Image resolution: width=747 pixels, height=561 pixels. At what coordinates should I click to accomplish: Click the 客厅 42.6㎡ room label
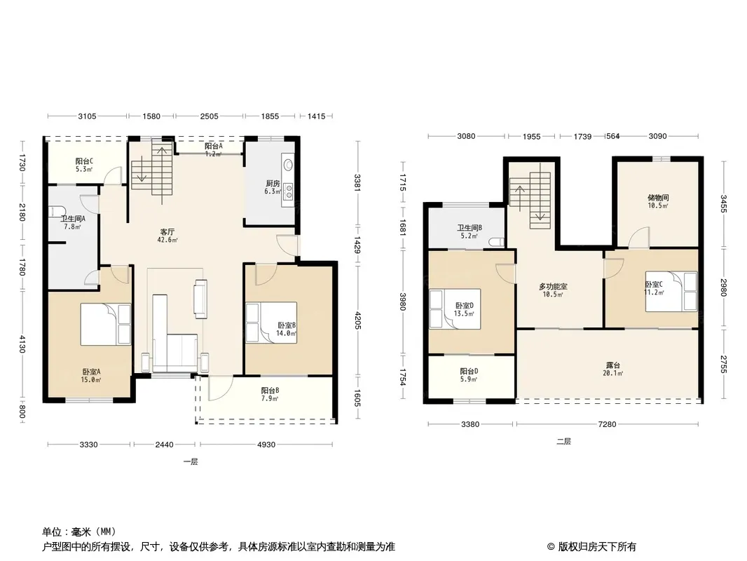pos(167,236)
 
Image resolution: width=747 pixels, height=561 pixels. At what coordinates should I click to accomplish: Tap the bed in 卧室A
pos(105,324)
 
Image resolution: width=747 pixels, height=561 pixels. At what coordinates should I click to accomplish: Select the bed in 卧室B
pos(271,323)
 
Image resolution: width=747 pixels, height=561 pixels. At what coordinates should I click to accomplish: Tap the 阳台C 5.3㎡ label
pos(84,165)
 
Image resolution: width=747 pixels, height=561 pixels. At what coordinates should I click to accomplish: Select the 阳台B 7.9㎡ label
pos(270,394)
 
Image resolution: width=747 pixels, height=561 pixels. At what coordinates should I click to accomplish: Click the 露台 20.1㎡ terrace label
pos(613,369)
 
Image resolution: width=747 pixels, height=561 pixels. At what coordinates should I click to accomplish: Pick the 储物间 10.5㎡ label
pos(658,201)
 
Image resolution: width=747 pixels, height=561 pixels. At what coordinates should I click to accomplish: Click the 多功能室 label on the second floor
pos(553,286)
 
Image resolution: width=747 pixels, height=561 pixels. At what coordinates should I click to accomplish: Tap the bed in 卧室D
pos(455,309)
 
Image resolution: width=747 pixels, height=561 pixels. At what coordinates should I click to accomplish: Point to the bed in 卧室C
pos(671,291)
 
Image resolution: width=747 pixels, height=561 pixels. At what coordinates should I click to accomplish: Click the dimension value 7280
pos(607,424)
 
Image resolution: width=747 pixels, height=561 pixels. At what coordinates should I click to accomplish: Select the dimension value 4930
pos(266,445)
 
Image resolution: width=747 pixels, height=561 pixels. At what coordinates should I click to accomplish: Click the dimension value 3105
pos(87,116)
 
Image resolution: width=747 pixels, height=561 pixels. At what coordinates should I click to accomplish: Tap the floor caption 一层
pos(191,461)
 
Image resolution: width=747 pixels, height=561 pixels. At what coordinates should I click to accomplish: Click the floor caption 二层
pos(563,441)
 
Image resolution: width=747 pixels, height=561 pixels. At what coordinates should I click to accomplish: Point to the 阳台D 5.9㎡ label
pos(469,374)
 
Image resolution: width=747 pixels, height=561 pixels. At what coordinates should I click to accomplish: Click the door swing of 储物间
pos(640,237)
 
